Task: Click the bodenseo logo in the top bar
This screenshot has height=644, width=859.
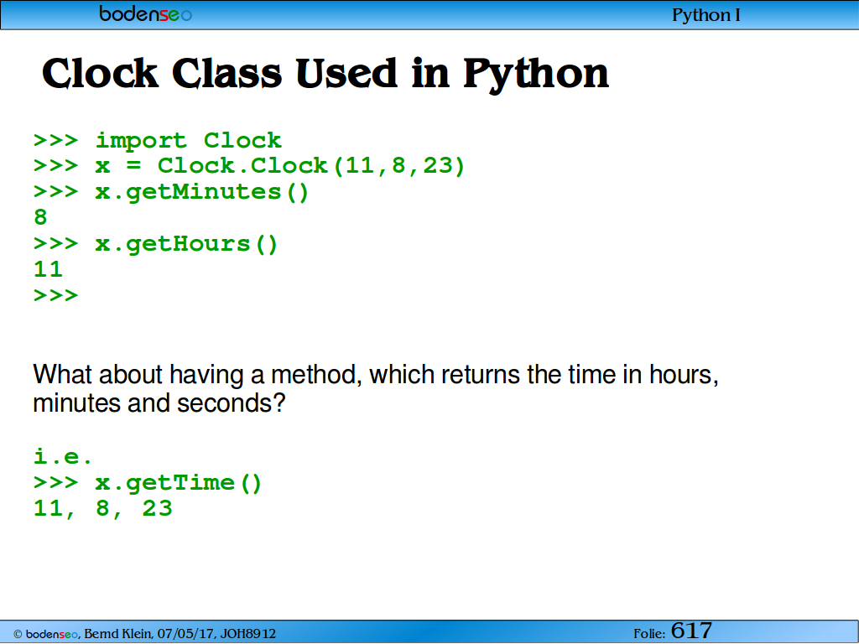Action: tap(146, 13)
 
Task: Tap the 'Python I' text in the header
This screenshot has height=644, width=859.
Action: tap(706, 15)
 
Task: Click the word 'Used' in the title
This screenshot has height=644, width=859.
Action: tap(346, 73)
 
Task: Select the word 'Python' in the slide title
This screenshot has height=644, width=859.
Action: tap(536, 75)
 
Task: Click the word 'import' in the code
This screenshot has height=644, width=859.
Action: tap(141, 141)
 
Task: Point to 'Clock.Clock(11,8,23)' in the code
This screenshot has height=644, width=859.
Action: tap(311, 166)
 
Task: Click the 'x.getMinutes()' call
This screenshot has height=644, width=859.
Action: tap(202, 192)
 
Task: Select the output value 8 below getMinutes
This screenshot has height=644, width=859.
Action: tap(40, 217)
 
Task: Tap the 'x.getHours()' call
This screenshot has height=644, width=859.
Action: tap(187, 244)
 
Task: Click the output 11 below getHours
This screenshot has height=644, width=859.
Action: tap(48, 269)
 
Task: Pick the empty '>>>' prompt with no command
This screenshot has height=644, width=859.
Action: tap(56, 296)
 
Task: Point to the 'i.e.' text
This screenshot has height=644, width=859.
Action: tap(63, 456)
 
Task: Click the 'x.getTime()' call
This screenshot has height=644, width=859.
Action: tap(179, 483)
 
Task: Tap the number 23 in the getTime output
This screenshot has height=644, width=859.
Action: tap(157, 509)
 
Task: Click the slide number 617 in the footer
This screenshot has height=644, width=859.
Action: tap(691, 631)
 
